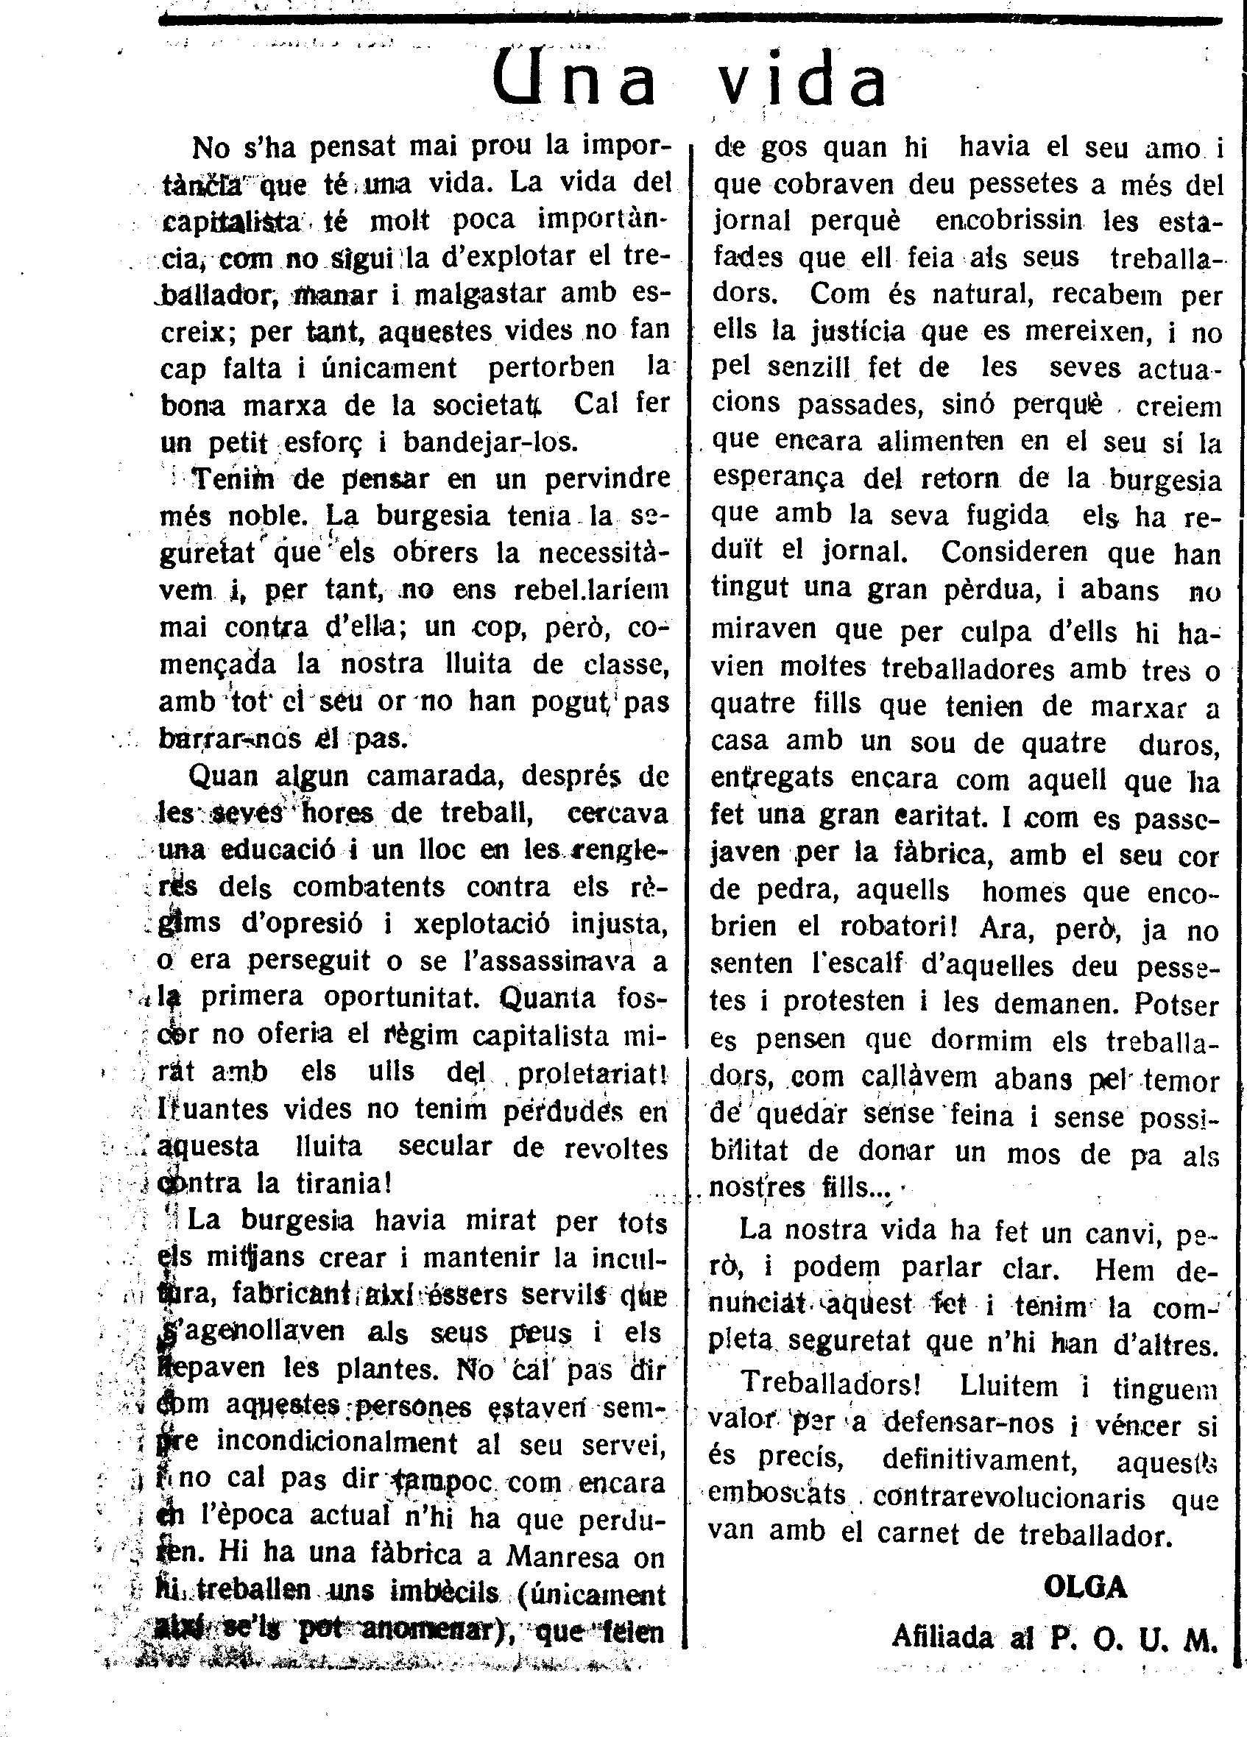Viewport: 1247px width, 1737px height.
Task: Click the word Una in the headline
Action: click(x=574, y=79)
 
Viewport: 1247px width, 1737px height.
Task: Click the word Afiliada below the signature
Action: click(x=942, y=1638)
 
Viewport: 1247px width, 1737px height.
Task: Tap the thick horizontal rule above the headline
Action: click(x=689, y=21)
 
